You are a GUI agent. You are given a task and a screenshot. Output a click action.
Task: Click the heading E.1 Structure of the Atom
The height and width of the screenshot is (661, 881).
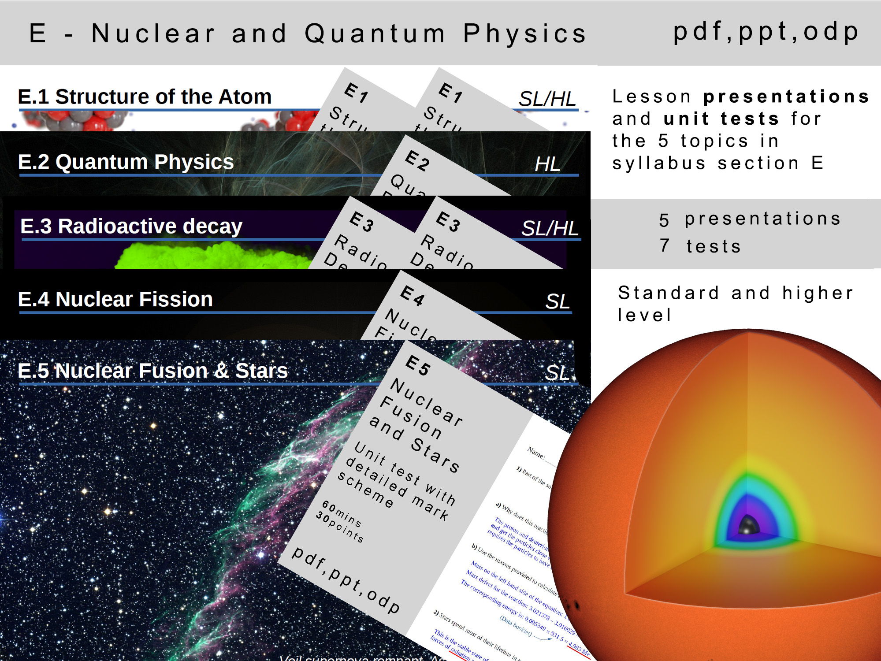[x=145, y=97]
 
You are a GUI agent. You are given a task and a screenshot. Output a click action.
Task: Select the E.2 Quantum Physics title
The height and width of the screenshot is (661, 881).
[x=126, y=162]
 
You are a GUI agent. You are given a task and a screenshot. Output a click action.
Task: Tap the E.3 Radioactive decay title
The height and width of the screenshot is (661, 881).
[x=131, y=226]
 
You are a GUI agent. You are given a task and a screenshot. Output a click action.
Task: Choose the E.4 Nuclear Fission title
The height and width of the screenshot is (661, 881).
[x=115, y=299]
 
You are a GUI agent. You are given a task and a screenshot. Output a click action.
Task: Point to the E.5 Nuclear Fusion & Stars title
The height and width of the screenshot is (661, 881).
[x=152, y=371]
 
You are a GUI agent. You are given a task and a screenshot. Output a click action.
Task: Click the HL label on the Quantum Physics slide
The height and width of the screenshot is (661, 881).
[x=547, y=164]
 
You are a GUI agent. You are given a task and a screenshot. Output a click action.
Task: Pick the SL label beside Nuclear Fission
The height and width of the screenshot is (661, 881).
[x=558, y=302]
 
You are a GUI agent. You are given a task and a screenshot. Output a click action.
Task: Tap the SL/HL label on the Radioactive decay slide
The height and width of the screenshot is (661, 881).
[x=550, y=228]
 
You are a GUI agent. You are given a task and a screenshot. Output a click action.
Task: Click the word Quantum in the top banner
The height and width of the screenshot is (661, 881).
[x=375, y=33]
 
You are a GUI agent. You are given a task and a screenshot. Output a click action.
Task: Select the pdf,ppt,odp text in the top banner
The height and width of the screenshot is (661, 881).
[x=766, y=32]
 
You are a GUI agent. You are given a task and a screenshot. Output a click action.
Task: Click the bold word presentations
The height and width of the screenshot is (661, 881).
[x=786, y=97]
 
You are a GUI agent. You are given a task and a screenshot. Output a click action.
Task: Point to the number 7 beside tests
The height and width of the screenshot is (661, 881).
[x=665, y=245]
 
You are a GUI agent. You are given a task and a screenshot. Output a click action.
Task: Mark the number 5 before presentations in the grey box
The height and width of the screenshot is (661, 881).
[x=664, y=220]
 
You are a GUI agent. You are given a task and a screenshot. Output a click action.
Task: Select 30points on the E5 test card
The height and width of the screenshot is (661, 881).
[x=340, y=527]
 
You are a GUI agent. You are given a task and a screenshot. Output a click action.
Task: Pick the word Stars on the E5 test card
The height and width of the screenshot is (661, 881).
[x=435, y=455]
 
